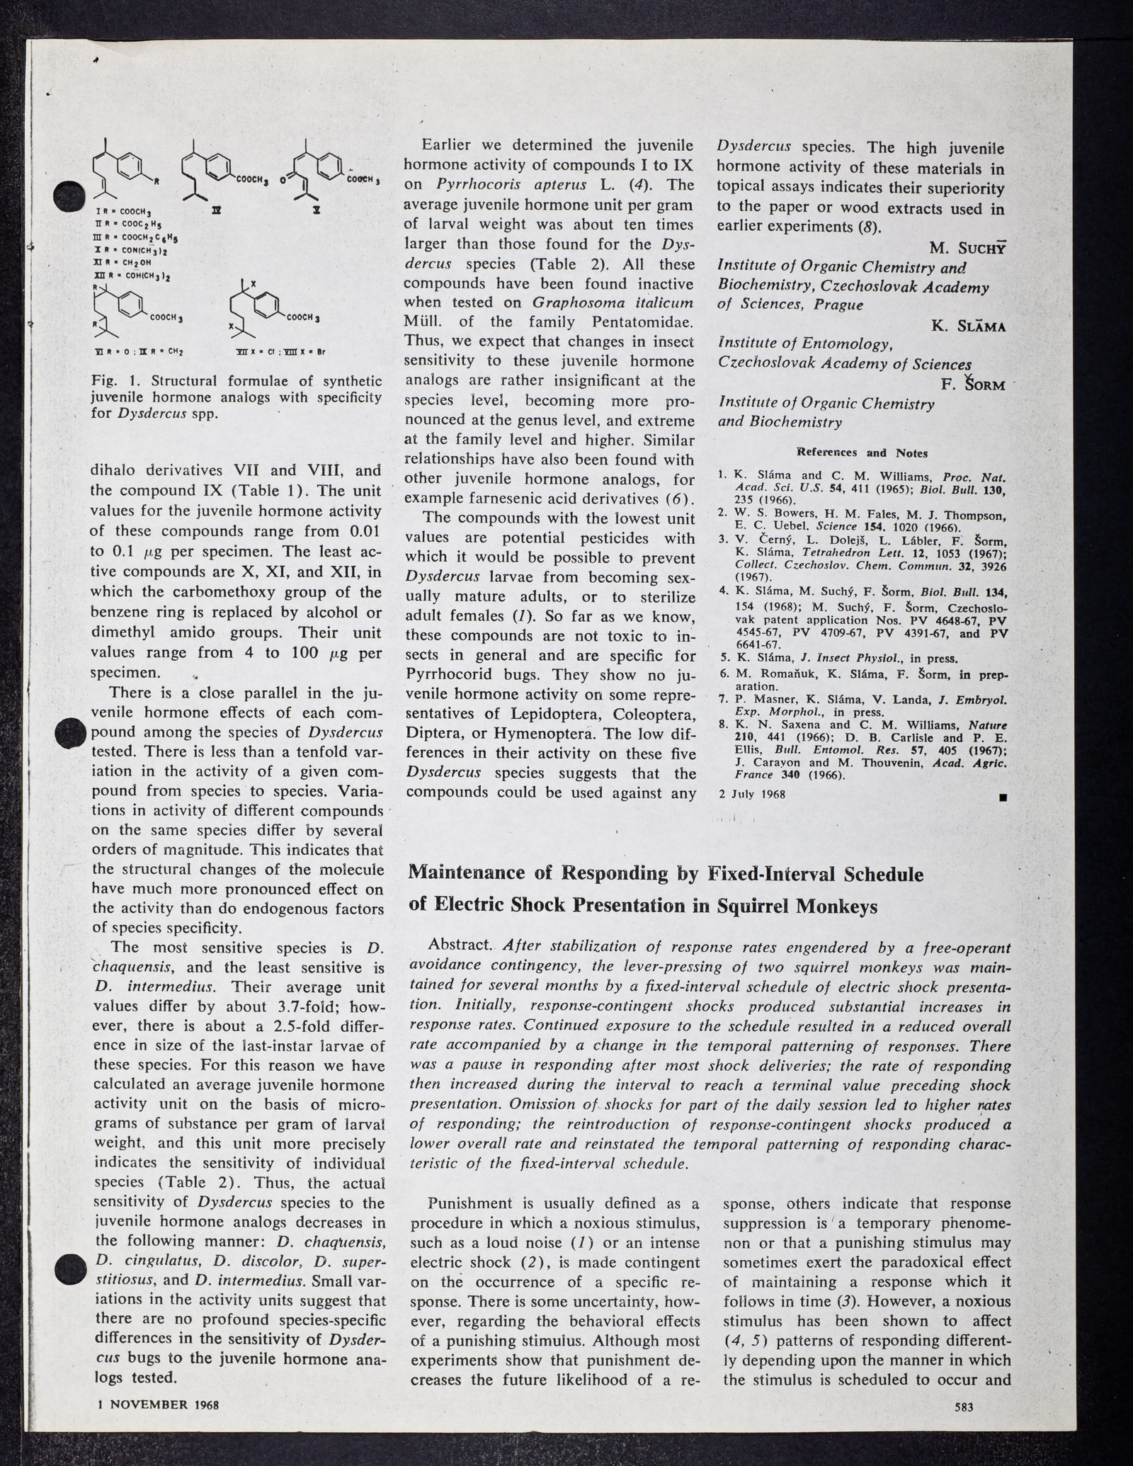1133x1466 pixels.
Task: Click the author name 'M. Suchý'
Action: tap(967, 248)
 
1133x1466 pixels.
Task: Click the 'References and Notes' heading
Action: tap(862, 452)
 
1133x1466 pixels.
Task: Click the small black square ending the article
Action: tap(1003, 798)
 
